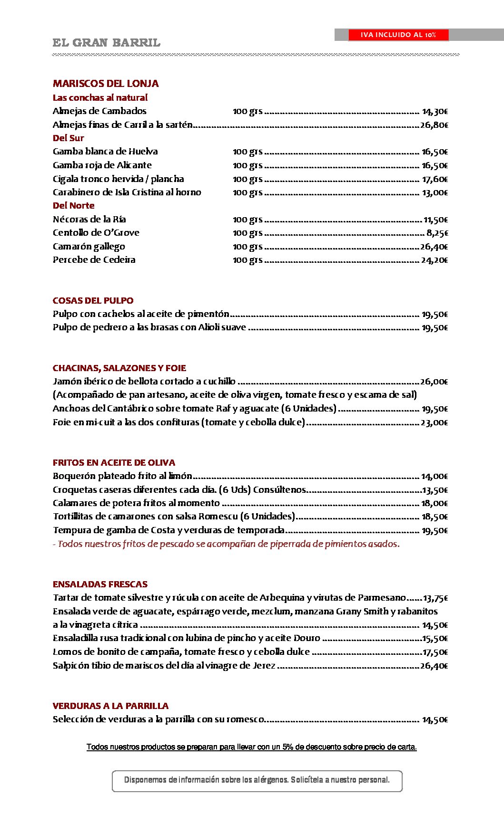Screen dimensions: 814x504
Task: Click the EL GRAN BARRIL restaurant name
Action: pos(106,43)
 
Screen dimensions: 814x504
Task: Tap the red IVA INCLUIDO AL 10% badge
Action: pos(398,35)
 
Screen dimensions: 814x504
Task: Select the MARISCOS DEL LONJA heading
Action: pos(106,84)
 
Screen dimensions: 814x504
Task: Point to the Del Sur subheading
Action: pos(68,138)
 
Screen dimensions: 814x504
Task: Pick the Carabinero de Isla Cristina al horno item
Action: pos(127,192)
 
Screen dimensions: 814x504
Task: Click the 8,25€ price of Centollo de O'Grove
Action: pos(437,233)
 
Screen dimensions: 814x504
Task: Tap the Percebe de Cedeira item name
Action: pos(94,260)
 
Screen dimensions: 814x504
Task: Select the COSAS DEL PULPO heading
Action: pos(93,301)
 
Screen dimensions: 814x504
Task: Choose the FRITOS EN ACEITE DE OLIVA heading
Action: pos(114,463)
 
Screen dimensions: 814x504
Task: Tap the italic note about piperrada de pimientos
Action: pos(226,544)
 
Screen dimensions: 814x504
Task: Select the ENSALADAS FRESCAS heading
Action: pos(100,584)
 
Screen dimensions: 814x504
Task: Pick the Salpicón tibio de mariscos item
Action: pos(164,666)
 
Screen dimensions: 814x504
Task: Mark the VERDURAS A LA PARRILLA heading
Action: pos(110,706)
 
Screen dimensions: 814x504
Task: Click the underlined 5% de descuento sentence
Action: pos(251,747)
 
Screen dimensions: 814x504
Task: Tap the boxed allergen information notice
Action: pos(257,780)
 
